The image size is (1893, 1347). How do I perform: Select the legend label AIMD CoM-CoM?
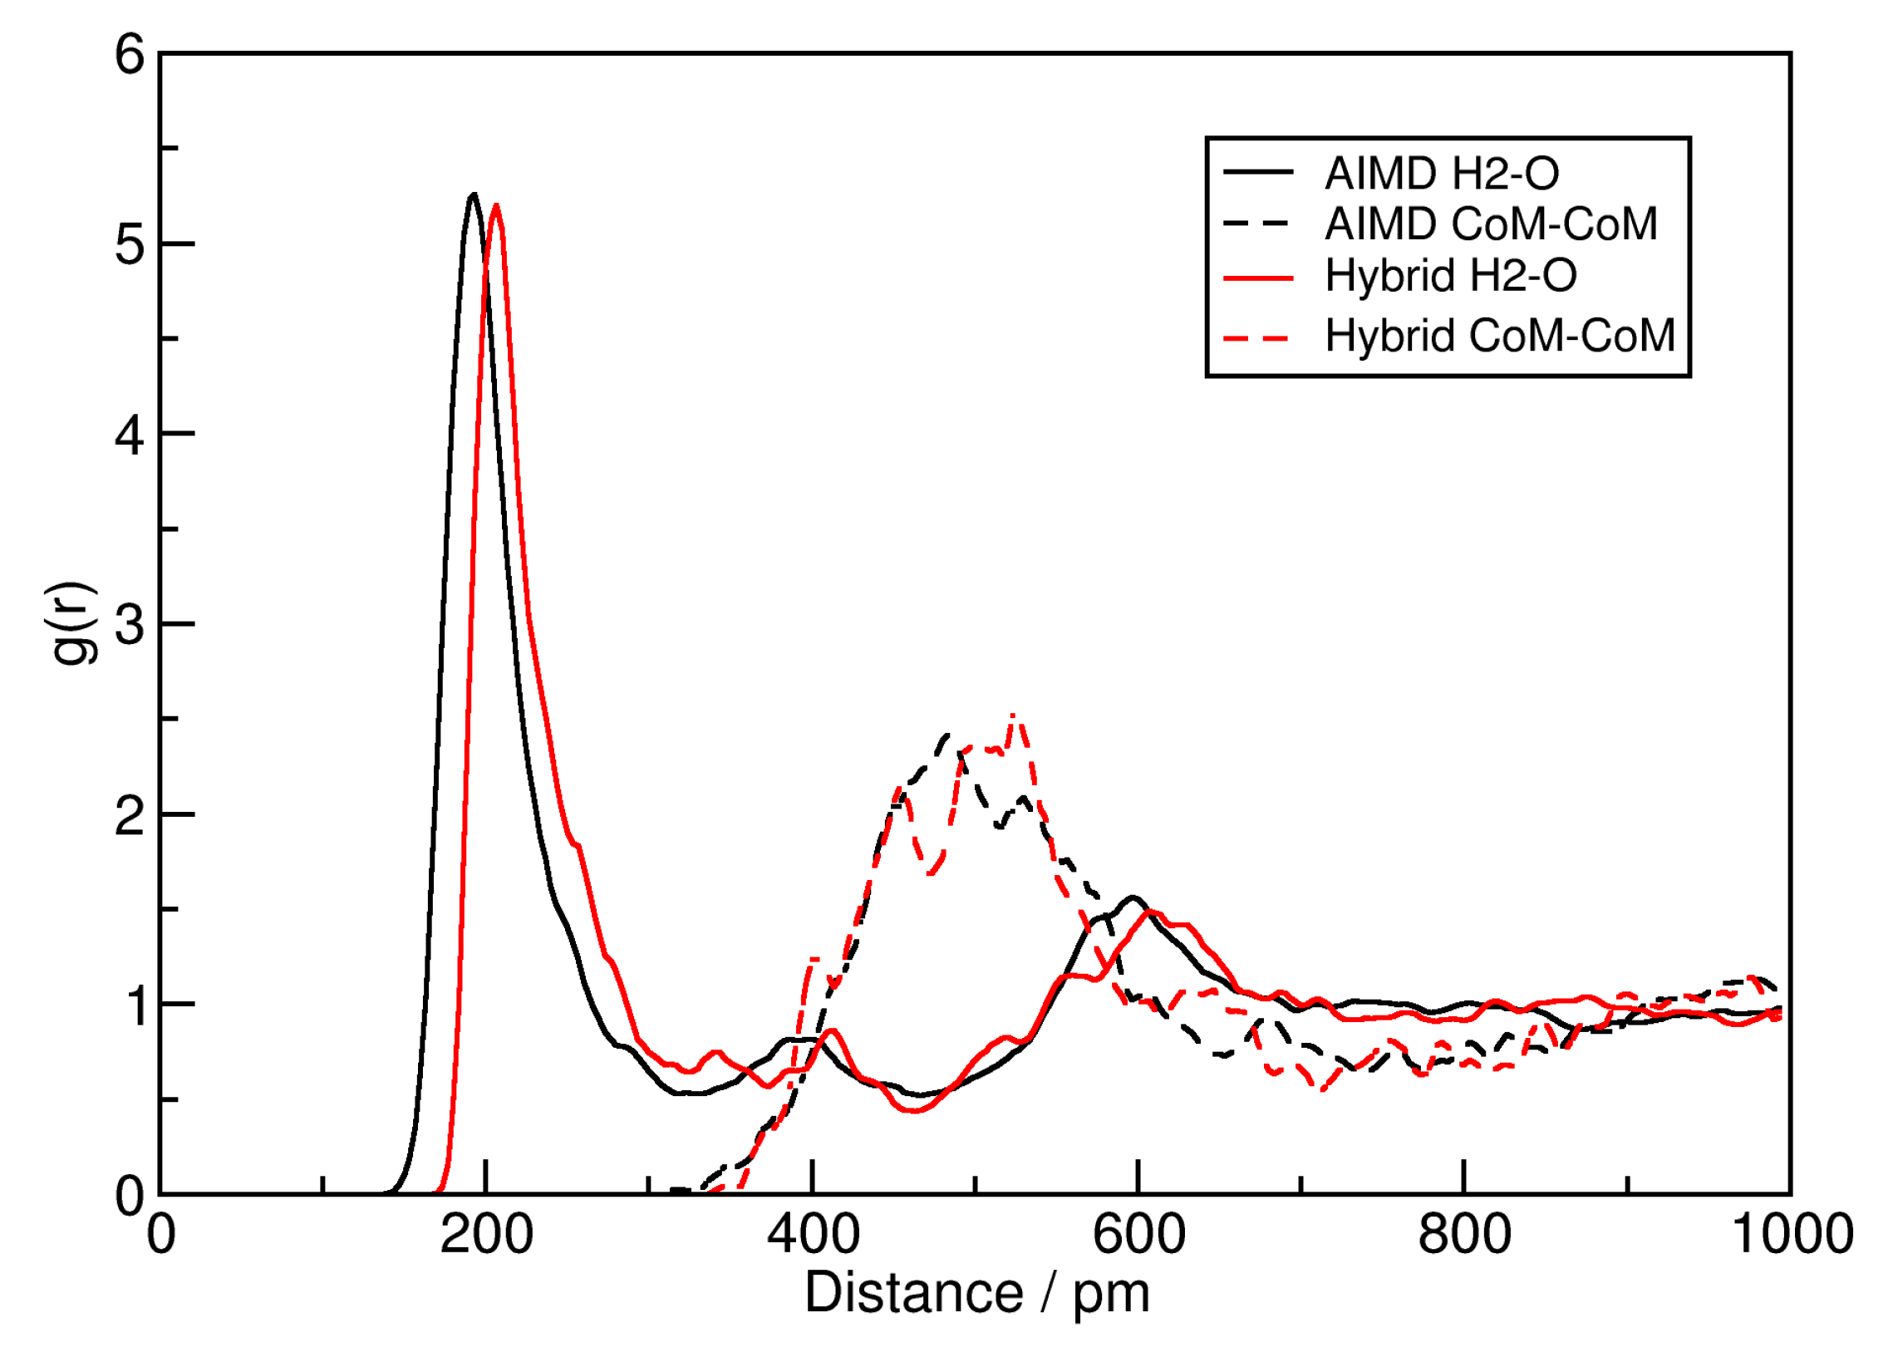pos(1490,224)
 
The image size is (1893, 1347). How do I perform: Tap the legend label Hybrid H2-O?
pos(1449,276)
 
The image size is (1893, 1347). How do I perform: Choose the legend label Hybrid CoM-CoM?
pos(1498,336)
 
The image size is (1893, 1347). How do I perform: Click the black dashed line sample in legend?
pos(1257,224)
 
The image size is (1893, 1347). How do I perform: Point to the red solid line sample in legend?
pos(1257,278)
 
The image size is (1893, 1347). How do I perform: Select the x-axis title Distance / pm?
pos(976,1294)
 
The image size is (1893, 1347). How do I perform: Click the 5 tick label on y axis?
pos(130,244)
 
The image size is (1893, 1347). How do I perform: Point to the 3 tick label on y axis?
pos(130,624)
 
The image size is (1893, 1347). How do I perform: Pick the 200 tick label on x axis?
pos(486,1235)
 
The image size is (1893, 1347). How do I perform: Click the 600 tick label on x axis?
pos(1138,1235)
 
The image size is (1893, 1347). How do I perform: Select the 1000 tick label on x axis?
pos(1791,1235)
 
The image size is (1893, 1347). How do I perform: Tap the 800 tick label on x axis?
pos(1464,1235)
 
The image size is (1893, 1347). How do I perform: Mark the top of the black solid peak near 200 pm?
pos(474,194)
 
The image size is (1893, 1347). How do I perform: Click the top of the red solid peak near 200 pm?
pos(496,205)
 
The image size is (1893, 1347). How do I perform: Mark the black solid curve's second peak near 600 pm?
pos(1133,897)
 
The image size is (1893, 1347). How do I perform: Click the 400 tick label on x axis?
pos(813,1235)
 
